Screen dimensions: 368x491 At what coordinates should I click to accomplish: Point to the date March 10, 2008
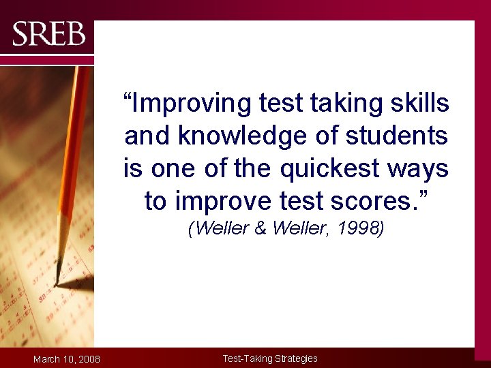click(67, 359)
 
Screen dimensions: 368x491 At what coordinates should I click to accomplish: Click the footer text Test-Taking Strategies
click(270, 358)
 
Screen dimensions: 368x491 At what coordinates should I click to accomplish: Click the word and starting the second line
click(148, 136)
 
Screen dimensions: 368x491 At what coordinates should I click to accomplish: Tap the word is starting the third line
click(133, 168)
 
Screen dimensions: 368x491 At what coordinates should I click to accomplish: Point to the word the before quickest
click(250, 168)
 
